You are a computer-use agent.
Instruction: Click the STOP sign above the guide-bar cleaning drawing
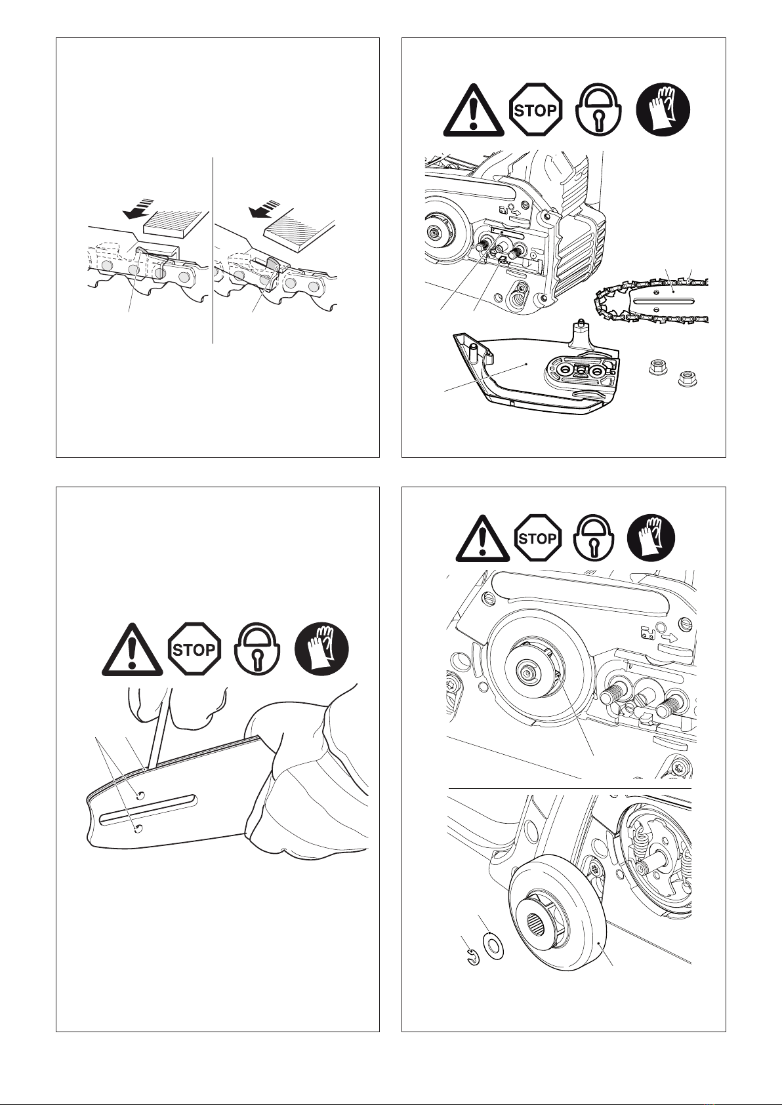click(x=194, y=649)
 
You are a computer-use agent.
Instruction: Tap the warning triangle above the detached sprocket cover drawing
click(x=474, y=110)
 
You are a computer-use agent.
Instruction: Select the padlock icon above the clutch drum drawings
click(x=594, y=538)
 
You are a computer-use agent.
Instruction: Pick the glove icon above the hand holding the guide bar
click(x=321, y=649)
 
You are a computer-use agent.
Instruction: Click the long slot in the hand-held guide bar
click(x=148, y=810)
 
